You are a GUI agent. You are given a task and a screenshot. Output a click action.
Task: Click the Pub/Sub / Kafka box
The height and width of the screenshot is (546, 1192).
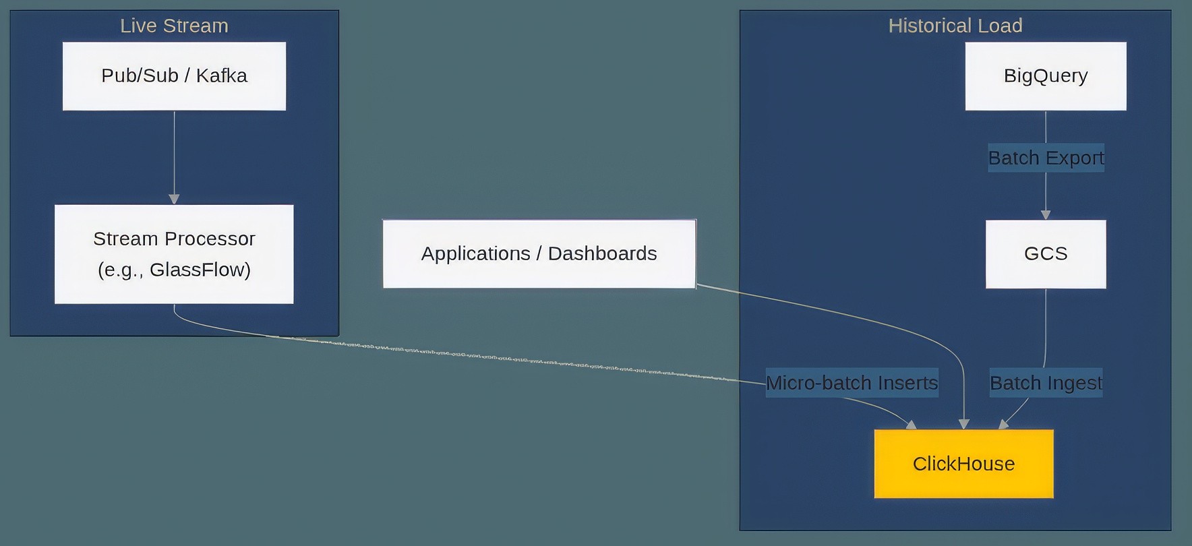click(x=174, y=76)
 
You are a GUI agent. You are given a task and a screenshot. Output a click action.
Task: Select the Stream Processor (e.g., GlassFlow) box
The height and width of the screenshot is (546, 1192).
click(x=174, y=254)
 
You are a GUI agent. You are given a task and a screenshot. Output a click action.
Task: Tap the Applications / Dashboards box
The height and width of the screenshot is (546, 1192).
click(x=539, y=253)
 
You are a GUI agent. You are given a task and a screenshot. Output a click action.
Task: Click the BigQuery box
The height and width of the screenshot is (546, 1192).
click(x=1045, y=76)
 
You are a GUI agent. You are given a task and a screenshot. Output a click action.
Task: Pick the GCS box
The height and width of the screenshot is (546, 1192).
click(x=1045, y=253)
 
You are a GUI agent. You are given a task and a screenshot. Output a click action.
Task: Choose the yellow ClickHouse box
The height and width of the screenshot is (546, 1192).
click(x=963, y=464)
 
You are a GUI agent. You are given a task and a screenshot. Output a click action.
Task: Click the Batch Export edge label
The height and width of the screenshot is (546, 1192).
click(x=1046, y=158)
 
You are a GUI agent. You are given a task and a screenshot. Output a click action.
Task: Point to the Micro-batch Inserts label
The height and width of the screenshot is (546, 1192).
click(x=852, y=383)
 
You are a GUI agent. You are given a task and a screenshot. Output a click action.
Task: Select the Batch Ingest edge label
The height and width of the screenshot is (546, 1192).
click(x=1046, y=383)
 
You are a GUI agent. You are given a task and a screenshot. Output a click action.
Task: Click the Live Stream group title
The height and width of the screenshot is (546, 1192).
click(x=174, y=26)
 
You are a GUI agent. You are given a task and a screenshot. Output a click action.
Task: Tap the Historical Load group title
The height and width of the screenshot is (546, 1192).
click(x=955, y=26)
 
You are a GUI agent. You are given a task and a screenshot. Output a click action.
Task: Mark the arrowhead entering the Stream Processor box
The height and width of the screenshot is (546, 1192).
click(x=174, y=199)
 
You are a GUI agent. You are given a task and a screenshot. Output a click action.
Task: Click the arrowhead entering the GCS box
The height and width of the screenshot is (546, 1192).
click(x=1046, y=214)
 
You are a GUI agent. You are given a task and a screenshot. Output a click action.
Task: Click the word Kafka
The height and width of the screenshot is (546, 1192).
click(x=221, y=75)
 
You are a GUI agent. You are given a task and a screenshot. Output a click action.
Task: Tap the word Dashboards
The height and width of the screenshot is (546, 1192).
click(x=602, y=253)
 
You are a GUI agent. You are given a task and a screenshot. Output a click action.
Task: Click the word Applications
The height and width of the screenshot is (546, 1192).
click(x=476, y=253)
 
